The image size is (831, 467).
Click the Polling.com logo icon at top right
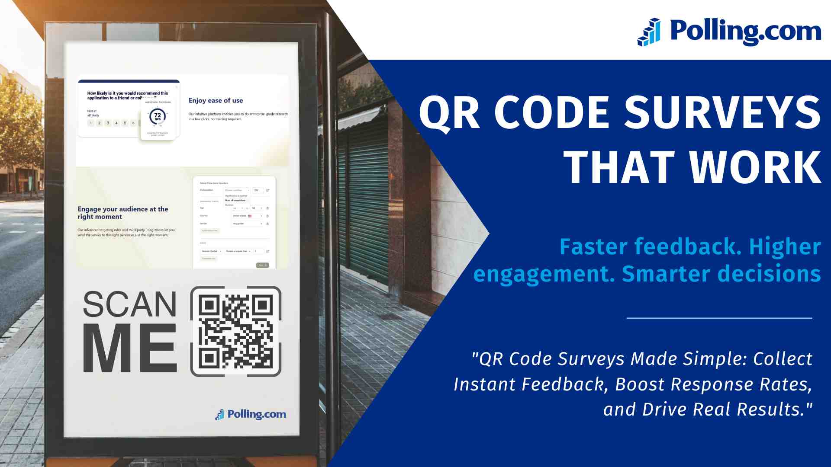(x=649, y=32)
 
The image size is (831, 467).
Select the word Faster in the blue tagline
(x=593, y=247)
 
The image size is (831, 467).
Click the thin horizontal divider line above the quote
(x=719, y=318)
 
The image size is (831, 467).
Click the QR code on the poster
(x=236, y=331)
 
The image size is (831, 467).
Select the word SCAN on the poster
(x=130, y=304)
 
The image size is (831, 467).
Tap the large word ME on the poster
(x=130, y=349)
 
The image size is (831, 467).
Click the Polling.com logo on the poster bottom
(x=251, y=414)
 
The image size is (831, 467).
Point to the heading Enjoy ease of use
(x=216, y=101)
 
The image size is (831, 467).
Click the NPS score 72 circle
(x=158, y=116)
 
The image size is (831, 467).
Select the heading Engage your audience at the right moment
(x=123, y=213)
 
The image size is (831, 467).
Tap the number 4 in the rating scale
(x=116, y=123)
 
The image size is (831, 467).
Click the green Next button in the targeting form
(x=262, y=265)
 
